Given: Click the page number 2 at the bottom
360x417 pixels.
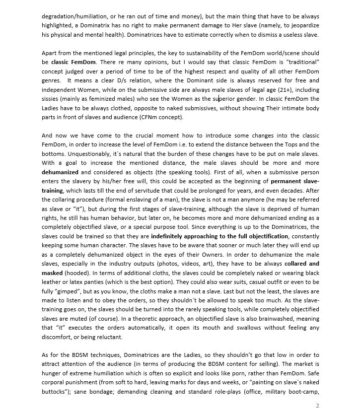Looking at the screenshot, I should tap(317, 406).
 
